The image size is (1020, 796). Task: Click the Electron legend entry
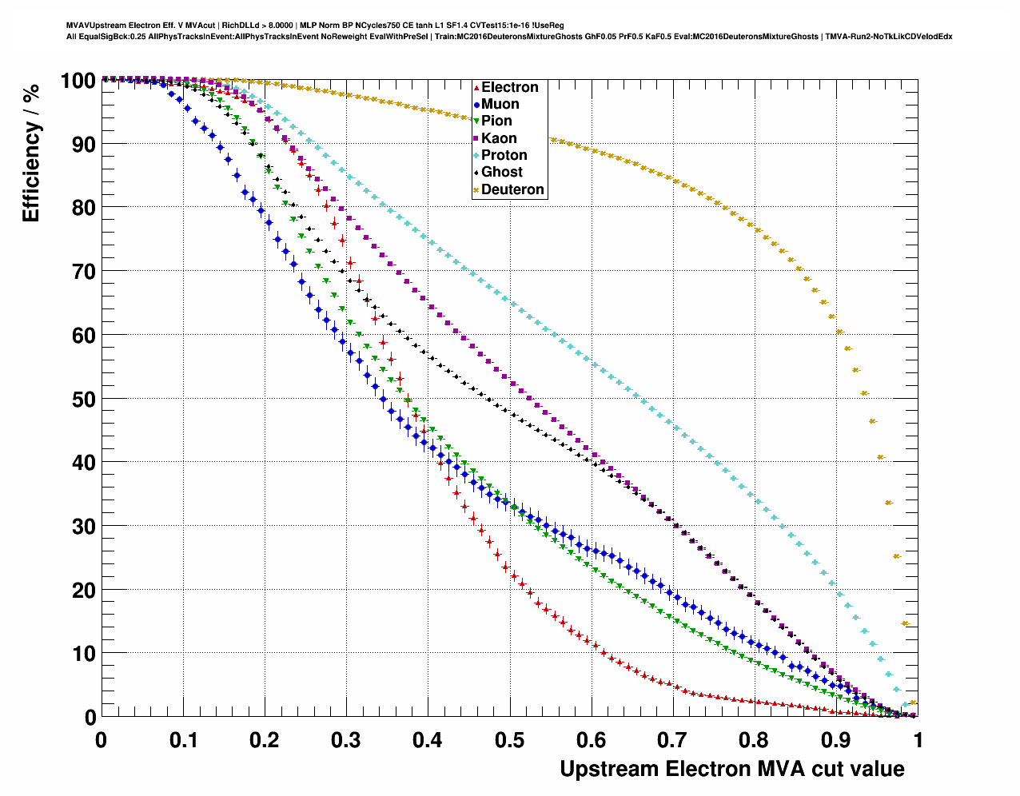pos(509,87)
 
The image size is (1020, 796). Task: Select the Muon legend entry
pos(500,104)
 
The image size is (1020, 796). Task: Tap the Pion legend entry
pos(496,121)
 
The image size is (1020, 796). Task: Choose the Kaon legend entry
pos(499,138)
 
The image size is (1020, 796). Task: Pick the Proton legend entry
pos(504,155)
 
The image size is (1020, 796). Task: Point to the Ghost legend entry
pos(501,172)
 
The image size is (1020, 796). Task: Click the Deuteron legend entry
pos(512,189)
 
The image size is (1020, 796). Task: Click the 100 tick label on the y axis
pos(78,81)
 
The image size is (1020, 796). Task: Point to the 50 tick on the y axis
pos(84,399)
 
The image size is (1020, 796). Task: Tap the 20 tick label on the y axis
pos(84,590)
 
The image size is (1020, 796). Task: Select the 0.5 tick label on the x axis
pos(509,740)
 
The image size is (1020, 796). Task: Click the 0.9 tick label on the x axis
pos(836,740)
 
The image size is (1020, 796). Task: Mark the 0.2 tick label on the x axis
pos(264,740)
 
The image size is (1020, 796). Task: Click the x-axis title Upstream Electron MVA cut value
pos(731,769)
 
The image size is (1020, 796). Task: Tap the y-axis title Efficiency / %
pos(31,151)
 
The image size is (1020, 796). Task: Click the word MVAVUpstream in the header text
pos(95,26)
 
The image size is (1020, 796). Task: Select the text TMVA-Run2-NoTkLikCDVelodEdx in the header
pos(888,36)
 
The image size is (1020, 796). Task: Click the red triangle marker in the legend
pos(476,87)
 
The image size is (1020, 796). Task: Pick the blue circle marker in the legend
pos(476,104)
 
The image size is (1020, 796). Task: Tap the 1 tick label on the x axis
pos(918,740)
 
